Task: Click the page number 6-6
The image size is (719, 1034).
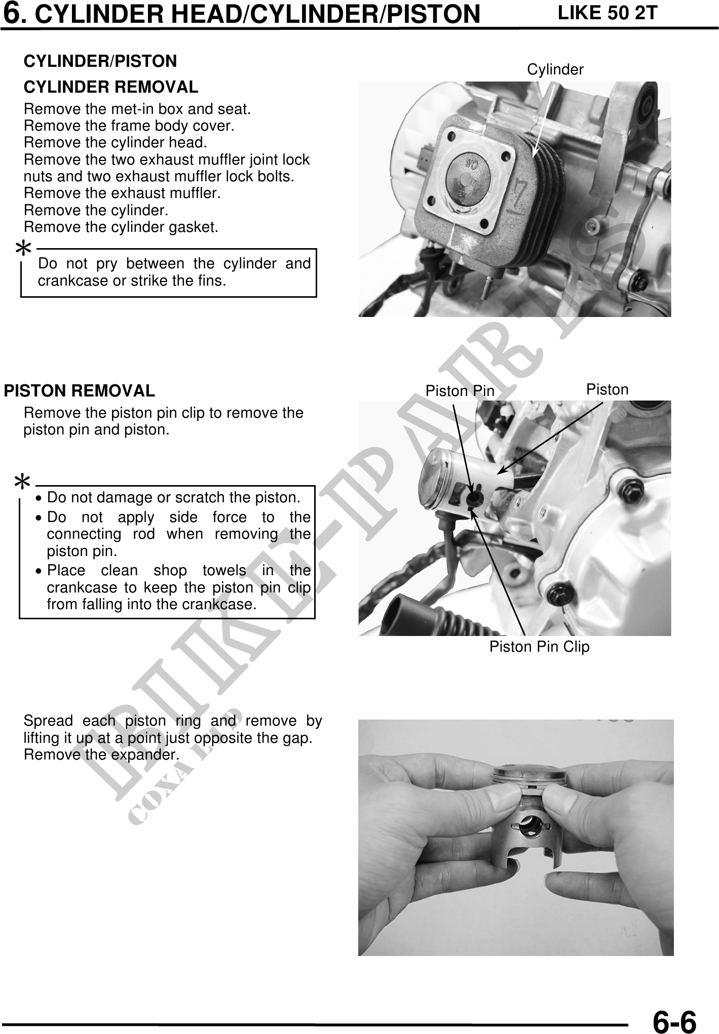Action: pyautogui.click(x=674, y=1019)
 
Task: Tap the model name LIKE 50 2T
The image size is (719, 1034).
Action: pyautogui.click(x=607, y=13)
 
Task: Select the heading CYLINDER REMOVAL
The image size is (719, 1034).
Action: pyautogui.click(x=111, y=87)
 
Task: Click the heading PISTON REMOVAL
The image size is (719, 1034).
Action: pyautogui.click(x=80, y=391)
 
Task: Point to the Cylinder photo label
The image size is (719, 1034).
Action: pyautogui.click(x=555, y=69)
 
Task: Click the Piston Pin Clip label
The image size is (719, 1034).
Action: pyautogui.click(x=539, y=647)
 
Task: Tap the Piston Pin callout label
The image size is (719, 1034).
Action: pyautogui.click(x=460, y=390)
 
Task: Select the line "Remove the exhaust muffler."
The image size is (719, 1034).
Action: pyautogui.click(x=122, y=193)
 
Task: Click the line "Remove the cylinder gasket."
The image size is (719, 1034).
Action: pyautogui.click(x=121, y=227)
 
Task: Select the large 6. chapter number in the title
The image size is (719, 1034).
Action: pyautogui.click(x=16, y=13)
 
